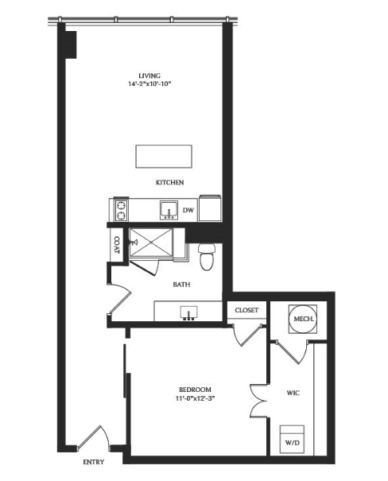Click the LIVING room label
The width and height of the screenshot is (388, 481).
point(149,76)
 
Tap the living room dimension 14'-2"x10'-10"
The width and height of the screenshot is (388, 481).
point(149,83)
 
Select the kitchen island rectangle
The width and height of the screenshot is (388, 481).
point(164,157)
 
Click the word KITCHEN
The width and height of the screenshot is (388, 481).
point(170,183)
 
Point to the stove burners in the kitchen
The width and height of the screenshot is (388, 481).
point(121,210)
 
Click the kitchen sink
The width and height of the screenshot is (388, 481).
point(169,210)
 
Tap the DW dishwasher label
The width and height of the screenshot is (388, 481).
point(188,210)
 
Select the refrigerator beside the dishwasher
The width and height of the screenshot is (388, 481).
point(210,208)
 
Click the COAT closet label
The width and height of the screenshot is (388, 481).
point(117,245)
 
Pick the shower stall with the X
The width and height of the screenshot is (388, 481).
point(150,242)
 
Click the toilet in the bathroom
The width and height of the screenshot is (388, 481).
point(207,257)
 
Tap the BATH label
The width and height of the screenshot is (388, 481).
point(181,285)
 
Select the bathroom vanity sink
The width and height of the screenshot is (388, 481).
point(188,313)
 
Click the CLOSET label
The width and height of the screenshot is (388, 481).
point(246,310)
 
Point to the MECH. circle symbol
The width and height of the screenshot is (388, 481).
point(304,319)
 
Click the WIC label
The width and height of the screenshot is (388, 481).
point(293,393)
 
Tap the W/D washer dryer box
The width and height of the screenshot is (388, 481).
point(292,440)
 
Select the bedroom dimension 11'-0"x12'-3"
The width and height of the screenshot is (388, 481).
point(195,398)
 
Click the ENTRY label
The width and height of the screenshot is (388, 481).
point(94,462)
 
